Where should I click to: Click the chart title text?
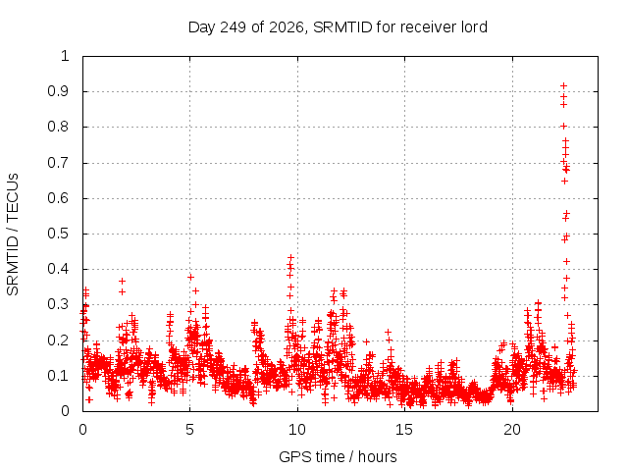(x=338, y=27)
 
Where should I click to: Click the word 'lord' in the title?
(x=474, y=27)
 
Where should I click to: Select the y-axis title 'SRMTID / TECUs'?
(x=13, y=235)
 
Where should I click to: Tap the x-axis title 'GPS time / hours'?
(x=338, y=456)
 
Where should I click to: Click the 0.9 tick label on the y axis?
(x=58, y=91)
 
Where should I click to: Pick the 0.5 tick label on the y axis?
(x=58, y=234)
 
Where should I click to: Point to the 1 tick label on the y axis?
(x=65, y=56)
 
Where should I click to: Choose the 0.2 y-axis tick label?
(x=58, y=340)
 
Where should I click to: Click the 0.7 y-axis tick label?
(x=58, y=163)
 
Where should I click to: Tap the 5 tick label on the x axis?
(x=189, y=430)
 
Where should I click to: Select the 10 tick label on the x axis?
(x=297, y=430)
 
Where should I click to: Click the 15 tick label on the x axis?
(x=404, y=430)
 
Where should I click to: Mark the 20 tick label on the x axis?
(x=512, y=430)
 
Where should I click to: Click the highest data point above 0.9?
(x=563, y=85)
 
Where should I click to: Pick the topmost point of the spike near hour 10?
(x=290, y=257)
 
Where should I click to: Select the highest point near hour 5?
(x=190, y=277)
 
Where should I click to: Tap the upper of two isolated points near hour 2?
(x=122, y=282)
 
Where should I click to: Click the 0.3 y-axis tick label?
(x=58, y=304)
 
